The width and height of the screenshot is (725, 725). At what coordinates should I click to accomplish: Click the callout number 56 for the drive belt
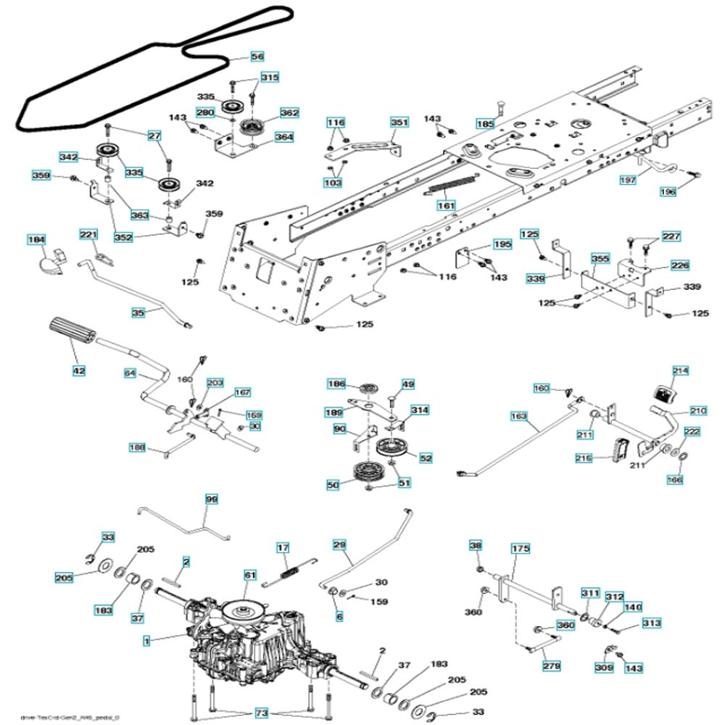(257, 56)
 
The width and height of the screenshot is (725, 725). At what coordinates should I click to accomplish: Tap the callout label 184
(36, 239)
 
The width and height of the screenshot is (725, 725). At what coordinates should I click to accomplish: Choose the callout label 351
(399, 123)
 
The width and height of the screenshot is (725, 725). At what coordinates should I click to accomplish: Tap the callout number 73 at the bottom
(261, 714)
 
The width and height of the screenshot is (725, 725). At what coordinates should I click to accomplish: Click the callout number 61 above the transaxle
(250, 575)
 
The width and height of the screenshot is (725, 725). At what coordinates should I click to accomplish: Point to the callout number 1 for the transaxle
(146, 641)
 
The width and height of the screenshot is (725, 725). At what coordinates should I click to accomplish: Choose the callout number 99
(212, 500)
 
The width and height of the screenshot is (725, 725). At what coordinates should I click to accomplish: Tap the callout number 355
(600, 258)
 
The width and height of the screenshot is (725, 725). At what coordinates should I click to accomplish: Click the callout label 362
(289, 113)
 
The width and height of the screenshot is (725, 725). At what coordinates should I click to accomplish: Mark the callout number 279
(552, 666)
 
